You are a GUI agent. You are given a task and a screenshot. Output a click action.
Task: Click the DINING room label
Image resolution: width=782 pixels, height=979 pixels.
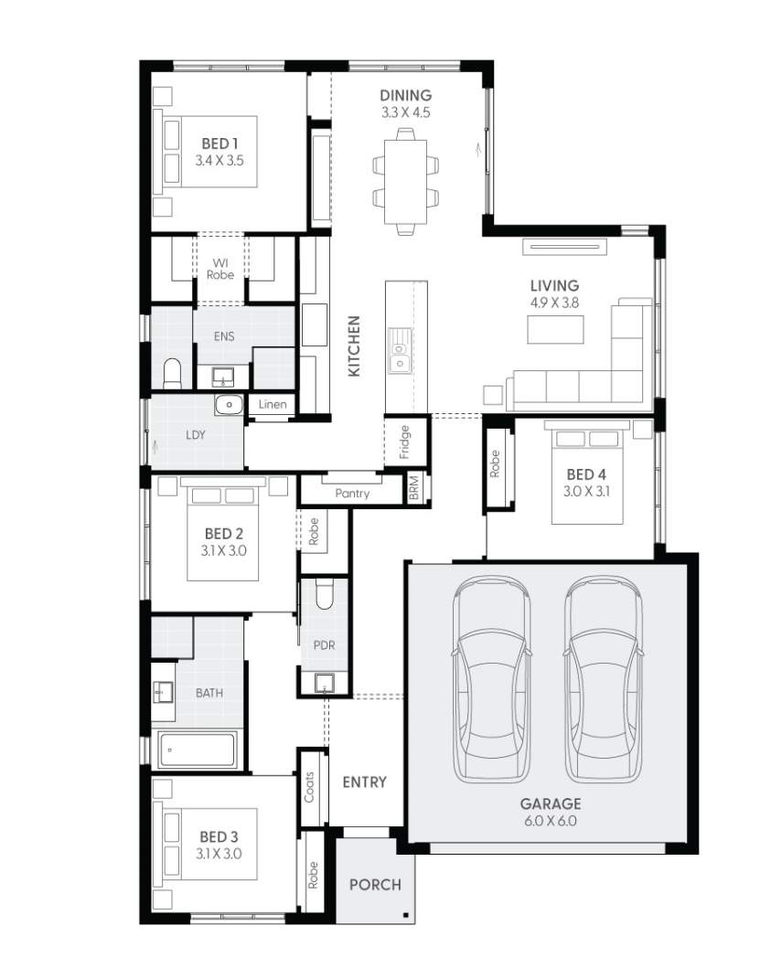point(406,95)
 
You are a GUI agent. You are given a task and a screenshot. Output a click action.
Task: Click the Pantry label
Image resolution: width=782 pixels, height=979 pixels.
point(352,494)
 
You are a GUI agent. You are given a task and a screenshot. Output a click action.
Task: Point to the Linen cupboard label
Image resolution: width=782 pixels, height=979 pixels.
point(273,404)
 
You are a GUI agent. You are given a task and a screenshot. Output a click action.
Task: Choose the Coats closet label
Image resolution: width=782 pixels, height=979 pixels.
point(310,786)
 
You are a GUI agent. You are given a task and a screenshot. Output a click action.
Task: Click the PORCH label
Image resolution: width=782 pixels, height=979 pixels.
point(375,885)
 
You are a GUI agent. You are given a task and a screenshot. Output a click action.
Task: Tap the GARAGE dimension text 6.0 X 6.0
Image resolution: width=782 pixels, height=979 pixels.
point(550,821)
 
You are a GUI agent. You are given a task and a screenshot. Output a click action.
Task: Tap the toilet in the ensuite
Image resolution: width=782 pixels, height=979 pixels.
point(172,373)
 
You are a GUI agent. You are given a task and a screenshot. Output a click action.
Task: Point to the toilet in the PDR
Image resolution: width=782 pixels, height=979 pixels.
point(324,595)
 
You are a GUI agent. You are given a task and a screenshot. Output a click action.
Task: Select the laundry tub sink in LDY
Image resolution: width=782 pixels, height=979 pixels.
point(229,404)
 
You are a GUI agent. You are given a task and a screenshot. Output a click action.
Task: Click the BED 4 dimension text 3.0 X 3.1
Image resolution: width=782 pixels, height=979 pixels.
point(586,492)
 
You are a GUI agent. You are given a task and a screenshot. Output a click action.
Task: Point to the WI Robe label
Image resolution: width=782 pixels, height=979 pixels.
point(220,269)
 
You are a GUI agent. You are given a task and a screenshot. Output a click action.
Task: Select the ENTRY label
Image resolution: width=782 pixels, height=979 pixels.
point(364,782)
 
